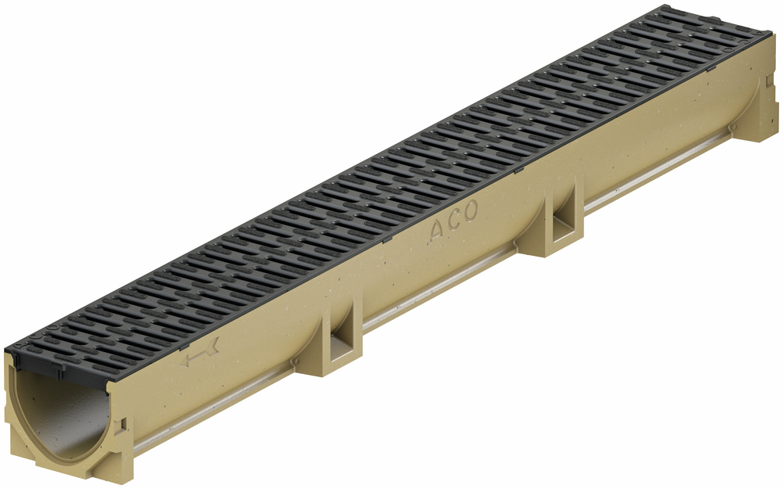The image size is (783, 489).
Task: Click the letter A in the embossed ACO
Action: pyautogui.click(x=437, y=230)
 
